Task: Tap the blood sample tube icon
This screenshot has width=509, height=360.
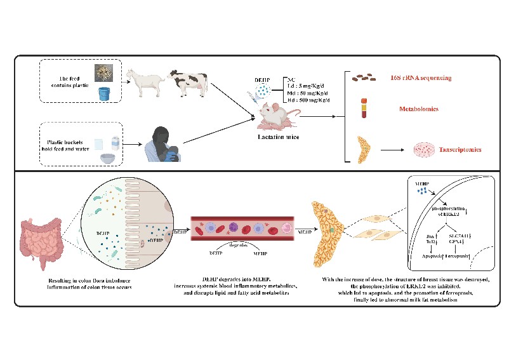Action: (x=364, y=108)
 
